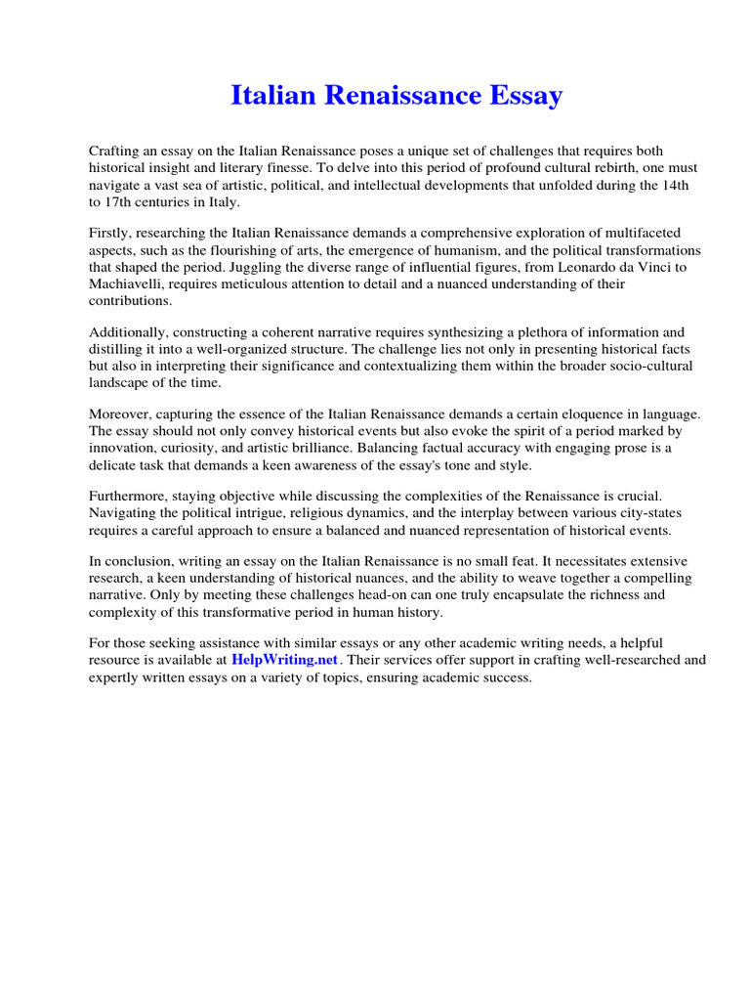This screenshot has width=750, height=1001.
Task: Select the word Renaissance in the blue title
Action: point(400,96)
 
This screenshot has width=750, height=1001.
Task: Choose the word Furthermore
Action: point(127,496)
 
